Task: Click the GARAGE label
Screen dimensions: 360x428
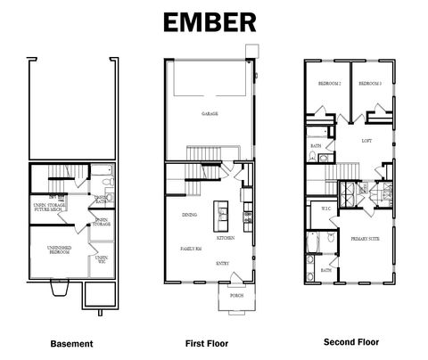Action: point(210,114)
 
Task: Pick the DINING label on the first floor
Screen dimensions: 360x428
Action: point(189,216)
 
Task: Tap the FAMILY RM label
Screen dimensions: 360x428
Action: point(193,249)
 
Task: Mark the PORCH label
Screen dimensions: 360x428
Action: point(236,295)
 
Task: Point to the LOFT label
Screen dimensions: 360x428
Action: point(366,141)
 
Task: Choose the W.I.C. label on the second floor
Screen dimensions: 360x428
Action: point(326,209)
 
